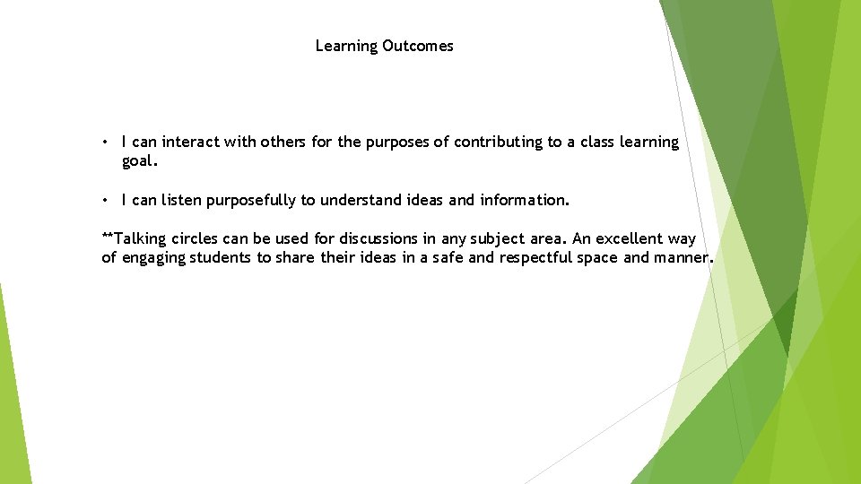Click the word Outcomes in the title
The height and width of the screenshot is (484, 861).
[x=418, y=46]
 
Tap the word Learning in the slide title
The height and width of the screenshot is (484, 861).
[x=347, y=46]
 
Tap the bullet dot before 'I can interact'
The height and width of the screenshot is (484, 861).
[x=106, y=143]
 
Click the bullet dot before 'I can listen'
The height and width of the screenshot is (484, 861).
[x=106, y=200]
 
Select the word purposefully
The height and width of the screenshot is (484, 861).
[x=251, y=200]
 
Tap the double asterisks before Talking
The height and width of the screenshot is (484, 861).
[x=108, y=238]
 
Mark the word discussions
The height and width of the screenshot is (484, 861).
[x=378, y=238]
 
